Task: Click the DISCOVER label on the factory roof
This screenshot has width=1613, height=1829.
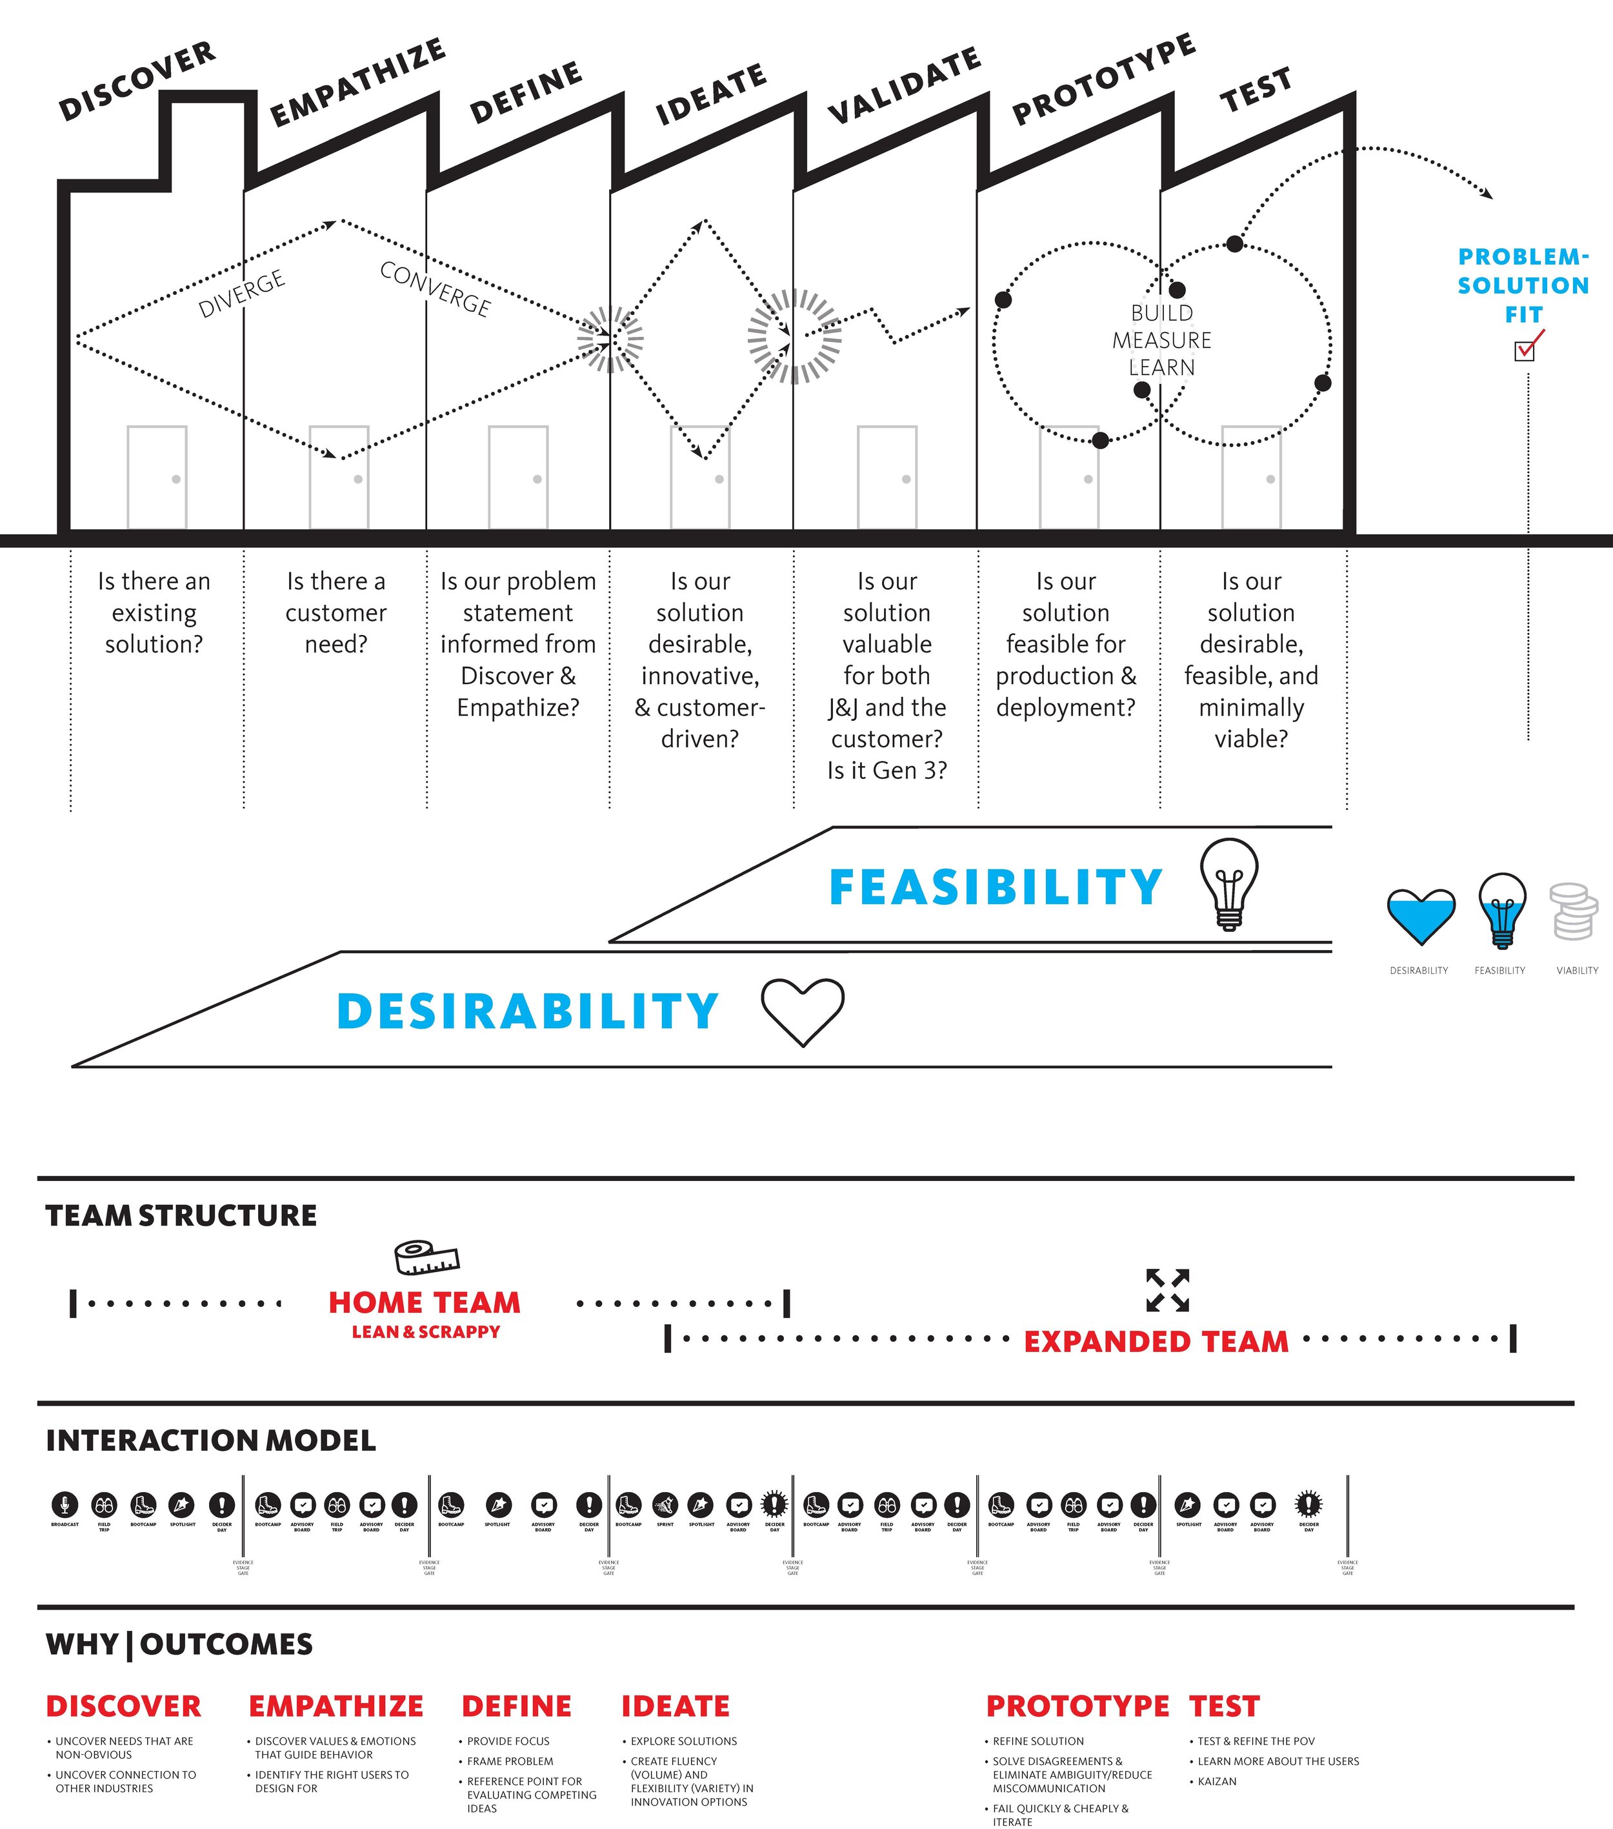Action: coord(137,81)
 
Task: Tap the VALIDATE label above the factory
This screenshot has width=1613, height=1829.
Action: coord(903,85)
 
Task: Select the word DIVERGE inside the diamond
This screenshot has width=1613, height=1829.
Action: coord(241,294)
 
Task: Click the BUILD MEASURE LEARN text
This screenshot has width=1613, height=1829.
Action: coord(1161,340)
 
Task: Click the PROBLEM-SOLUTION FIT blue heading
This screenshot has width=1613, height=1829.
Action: coord(1523,285)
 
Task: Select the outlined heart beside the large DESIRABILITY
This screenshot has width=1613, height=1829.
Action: coord(803,1011)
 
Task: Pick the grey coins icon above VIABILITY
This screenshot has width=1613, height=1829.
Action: coord(1574,912)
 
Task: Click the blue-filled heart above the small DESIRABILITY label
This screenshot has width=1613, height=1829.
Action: coord(1421,916)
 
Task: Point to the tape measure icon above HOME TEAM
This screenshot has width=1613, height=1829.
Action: coord(426,1257)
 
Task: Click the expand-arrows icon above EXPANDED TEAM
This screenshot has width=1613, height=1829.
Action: coord(1167,1290)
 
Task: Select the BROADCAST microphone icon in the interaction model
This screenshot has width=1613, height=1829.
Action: coord(65,1504)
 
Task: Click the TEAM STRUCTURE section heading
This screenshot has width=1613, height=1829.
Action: coord(181,1215)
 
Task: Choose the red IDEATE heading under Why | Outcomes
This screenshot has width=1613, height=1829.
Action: coord(676,1706)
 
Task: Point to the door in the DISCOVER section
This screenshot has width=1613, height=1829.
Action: coord(157,477)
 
